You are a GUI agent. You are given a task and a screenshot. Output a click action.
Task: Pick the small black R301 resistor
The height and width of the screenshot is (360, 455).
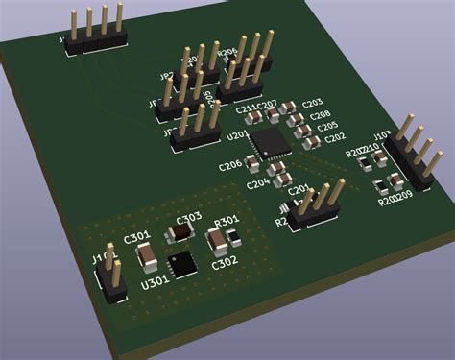coord(222,236)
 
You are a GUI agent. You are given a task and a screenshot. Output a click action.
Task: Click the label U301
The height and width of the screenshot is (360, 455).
coord(154,283)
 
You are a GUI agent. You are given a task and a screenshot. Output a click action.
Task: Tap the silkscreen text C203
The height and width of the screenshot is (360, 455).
coord(312,103)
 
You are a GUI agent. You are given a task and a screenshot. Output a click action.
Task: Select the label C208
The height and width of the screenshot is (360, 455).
coord(321,116)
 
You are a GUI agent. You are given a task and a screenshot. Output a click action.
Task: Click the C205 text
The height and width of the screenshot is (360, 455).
coord(327,127)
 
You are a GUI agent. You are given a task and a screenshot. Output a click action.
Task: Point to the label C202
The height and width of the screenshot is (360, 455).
coord(334,138)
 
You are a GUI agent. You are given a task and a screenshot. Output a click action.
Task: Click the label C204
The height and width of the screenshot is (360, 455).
coord(257,183)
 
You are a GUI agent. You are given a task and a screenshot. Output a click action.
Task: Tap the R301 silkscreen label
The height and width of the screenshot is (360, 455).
coord(227,222)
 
